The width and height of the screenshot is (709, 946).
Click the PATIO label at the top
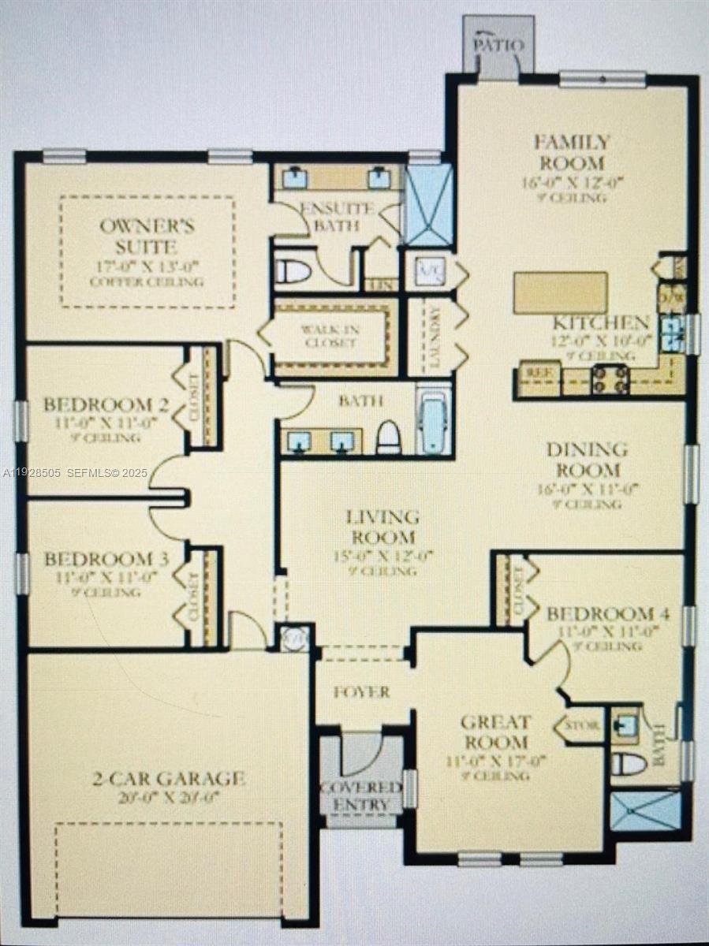[498, 45]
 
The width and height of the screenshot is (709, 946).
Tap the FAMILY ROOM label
[572, 153]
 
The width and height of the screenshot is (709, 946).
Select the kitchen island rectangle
[560, 292]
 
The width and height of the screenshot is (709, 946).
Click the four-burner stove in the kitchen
[610, 379]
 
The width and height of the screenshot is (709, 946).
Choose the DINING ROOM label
[587, 460]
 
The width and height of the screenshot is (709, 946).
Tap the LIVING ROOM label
[383, 527]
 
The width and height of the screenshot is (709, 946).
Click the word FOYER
[361, 692]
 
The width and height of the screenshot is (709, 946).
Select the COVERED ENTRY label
[361, 796]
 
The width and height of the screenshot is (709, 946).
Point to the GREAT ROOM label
[496, 732]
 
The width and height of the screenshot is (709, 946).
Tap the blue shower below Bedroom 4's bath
[645, 811]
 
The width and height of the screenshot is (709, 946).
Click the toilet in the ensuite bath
[293, 270]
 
